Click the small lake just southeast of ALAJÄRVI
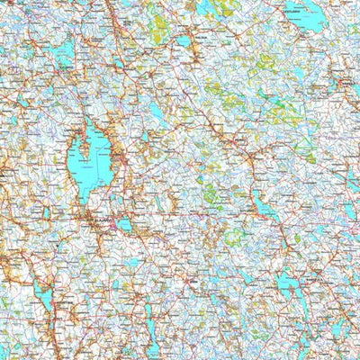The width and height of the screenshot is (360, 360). pyautogui.click(x=124, y=225)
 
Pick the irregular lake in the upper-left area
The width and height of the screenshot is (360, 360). pyautogui.click(x=63, y=54)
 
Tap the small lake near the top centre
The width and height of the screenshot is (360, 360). pyautogui.click(x=184, y=40)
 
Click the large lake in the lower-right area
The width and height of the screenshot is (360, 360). pyautogui.click(x=290, y=286)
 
